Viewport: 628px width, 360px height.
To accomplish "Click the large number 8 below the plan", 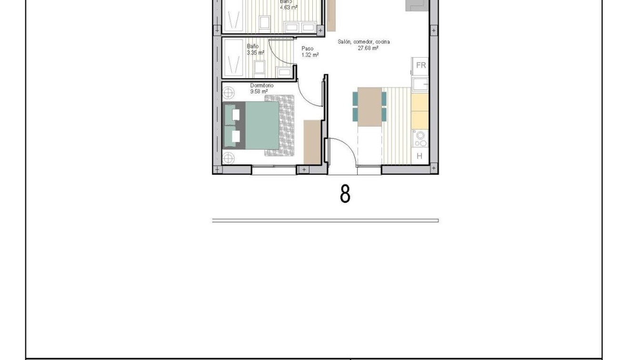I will pyautogui.click(x=345, y=194).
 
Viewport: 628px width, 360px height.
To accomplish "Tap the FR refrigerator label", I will pyautogui.click(x=421, y=65).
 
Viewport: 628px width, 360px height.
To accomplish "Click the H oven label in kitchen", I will pyautogui.click(x=420, y=156).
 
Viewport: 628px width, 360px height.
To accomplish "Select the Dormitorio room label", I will pyautogui.click(x=262, y=86).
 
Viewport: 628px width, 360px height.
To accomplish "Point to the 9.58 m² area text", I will pyautogui.click(x=259, y=91).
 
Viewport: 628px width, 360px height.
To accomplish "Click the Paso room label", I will pyautogui.click(x=308, y=49).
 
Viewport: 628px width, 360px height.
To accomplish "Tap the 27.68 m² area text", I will pyautogui.click(x=368, y=48).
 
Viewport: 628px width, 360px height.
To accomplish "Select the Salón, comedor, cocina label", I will pyautogui.click(x=364, y=42).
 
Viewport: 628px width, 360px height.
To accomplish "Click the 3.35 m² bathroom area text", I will pyautogui.click(x=255, y=53).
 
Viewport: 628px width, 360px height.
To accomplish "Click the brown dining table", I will pyautogui.click(x=370, y=107).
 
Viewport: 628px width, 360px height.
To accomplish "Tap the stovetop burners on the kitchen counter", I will pyautogui.click(x=420, y=139).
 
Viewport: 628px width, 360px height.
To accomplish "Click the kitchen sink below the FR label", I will pyautogui.click(x=420, y=84).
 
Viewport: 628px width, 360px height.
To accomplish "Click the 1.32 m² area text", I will pyautogui.click(x=309, y=55).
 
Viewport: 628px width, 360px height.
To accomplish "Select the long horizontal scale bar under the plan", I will pyautogui.click(x=325, y=220).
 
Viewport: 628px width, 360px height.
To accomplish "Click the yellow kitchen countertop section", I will pyautogui.click(x=420, y=110).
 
